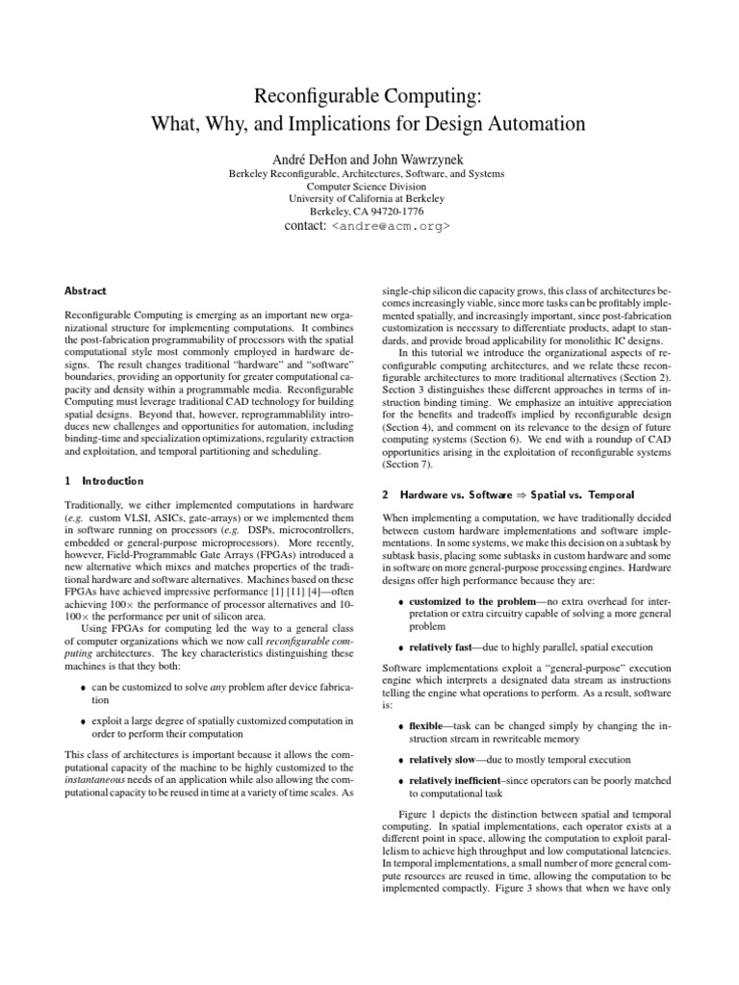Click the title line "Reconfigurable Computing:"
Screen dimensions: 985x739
[x=369, y=95]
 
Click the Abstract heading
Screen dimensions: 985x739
[x=86, y=290]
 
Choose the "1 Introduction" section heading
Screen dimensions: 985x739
[x=104, y=481]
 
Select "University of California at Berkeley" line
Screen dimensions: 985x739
[x=369, y=198]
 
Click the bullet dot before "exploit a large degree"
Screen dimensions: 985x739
[x=86, y=721]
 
